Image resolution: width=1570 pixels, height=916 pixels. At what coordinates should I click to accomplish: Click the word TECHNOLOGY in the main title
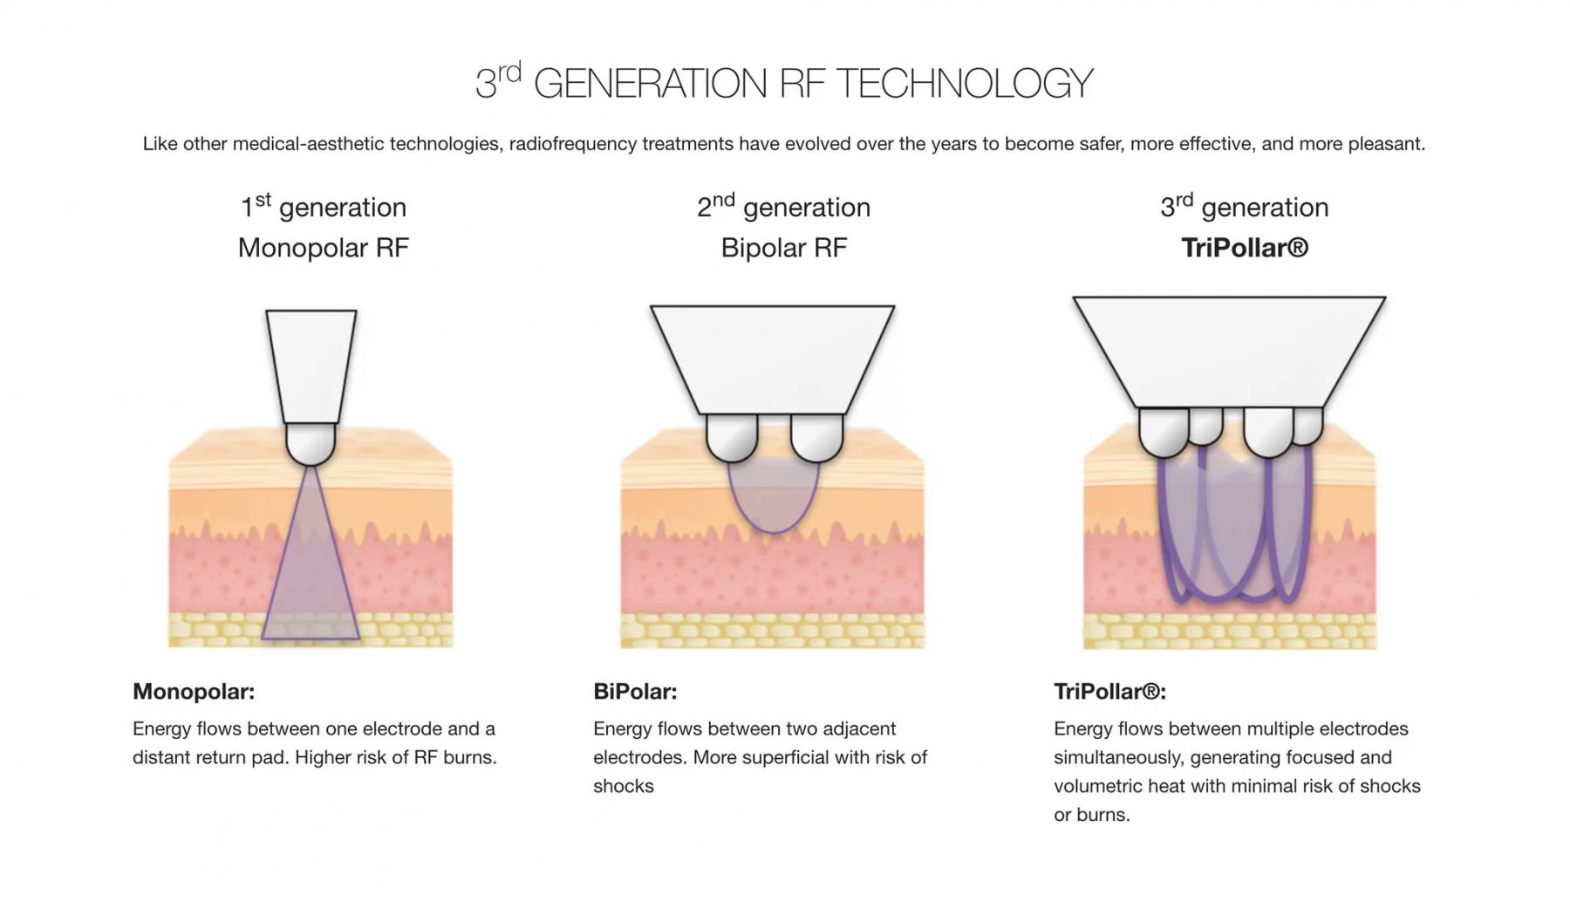[964, 84]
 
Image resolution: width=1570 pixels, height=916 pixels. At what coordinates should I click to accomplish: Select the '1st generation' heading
[324, 207]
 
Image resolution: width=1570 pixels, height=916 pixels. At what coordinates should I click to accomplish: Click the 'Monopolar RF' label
[324, 248]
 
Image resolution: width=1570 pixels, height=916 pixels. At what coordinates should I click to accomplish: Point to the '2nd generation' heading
[783, 207]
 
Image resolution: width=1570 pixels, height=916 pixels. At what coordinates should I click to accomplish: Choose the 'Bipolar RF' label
[783, 248]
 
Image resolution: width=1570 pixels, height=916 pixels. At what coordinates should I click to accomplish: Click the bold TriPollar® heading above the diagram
[1245, 248]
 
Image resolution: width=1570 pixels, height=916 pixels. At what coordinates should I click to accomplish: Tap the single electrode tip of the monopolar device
[311, 443]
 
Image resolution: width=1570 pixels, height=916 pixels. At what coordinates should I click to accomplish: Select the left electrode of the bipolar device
[732, 436]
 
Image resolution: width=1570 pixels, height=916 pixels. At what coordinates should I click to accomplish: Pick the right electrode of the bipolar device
[816, 436]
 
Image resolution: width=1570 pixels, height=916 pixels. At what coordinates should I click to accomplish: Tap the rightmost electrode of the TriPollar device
[1308, 426]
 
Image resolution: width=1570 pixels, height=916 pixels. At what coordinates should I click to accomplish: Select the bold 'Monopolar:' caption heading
[194, 692]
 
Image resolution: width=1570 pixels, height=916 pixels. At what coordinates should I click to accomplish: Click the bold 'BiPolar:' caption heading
[635, 692]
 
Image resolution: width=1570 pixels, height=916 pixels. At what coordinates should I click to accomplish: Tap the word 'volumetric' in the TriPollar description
[1098, 786]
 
